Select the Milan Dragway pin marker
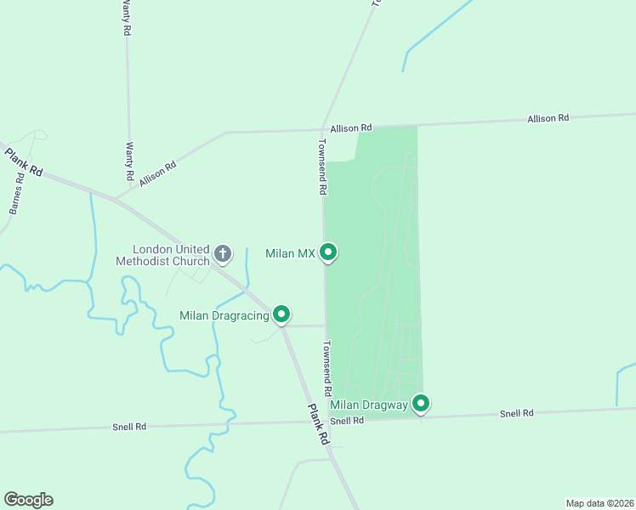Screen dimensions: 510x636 (421, 404)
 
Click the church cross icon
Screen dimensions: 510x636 (223, 252)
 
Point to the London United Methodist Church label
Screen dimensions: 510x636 (163, 255)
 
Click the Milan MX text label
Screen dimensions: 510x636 (290, 253)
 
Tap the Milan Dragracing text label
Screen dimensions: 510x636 (224, 315)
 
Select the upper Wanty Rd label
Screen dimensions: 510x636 (126, 17)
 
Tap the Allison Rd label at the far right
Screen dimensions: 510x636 (548, 118)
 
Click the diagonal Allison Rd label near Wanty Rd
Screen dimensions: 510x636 (158, 174)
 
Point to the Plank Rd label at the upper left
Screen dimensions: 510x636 (23, 161)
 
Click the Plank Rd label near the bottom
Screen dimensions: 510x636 (318, 425)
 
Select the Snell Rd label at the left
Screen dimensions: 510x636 (129, 426)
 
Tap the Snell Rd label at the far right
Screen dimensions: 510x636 (516, 413)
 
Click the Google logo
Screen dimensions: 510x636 (28, 500)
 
